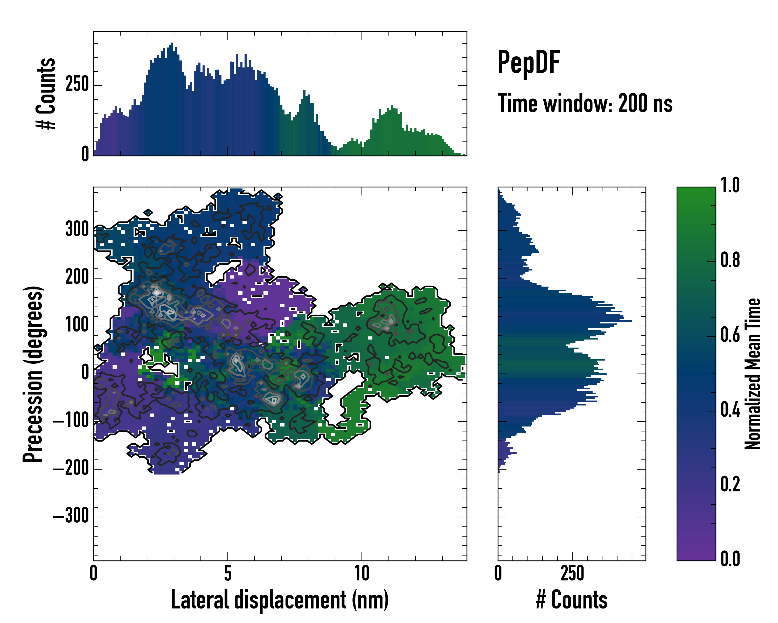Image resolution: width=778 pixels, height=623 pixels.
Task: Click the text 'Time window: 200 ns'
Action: pyautogui.click(x=585, y=104)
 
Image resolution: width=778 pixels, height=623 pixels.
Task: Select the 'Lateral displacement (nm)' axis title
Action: pyautogui.click(x=280, y=600)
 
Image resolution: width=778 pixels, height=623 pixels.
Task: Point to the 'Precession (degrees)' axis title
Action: pyautogui.click(x=33, y=374)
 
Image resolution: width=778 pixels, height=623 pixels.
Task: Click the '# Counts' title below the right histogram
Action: pyautogui.click(x=572, y=600)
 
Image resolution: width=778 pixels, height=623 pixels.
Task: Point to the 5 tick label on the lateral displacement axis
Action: pyautogui.click(x=227, y=573)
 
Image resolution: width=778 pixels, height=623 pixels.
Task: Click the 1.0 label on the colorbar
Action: pyautogui.click(x=730, y=186)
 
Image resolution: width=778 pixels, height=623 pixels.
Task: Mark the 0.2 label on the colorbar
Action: pyautogui.click(x=730, y=485)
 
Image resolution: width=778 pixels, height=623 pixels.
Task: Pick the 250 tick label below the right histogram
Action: pyautogui.click(x=572, y=573)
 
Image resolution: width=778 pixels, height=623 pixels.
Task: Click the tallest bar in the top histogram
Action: pyautogui.click(x=172, y=99)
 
